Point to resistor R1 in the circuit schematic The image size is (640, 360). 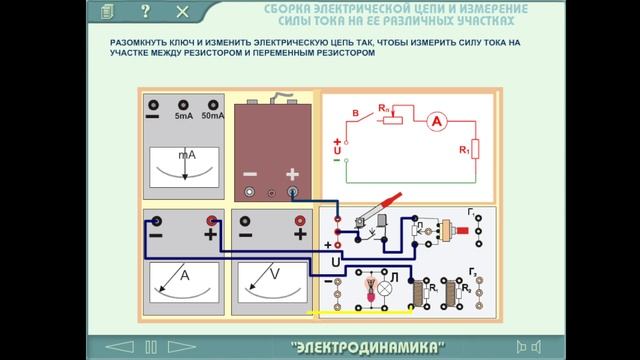[x=475, y=149]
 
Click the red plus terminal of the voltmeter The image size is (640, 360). [x=295, y=220]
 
